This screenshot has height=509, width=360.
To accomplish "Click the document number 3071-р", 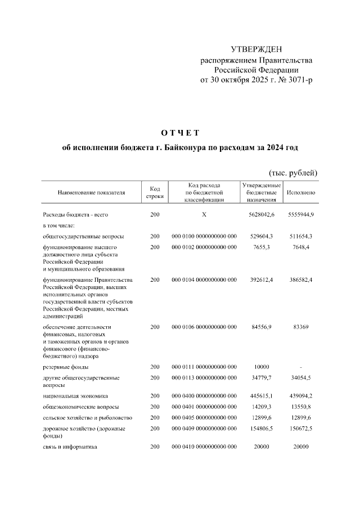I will coord(299,80).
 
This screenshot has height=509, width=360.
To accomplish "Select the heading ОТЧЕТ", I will coord(180,133).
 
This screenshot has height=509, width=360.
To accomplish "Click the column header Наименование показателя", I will coord(91,192).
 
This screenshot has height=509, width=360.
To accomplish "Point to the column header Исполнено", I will coord(300,192).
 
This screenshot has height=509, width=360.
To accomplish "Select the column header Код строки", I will coord(155,192).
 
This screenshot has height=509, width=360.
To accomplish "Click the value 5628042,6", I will coord(261,215).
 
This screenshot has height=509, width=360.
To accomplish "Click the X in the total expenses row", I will coord(204,215).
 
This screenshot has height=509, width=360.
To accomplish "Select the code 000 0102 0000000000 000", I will coord(204,247).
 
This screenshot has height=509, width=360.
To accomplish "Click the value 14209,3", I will coord(261,406).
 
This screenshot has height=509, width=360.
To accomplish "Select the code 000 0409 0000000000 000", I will coord(204,429).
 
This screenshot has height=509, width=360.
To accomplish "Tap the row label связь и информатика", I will coord(70,447).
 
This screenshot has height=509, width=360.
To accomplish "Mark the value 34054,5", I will coord(302,378).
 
